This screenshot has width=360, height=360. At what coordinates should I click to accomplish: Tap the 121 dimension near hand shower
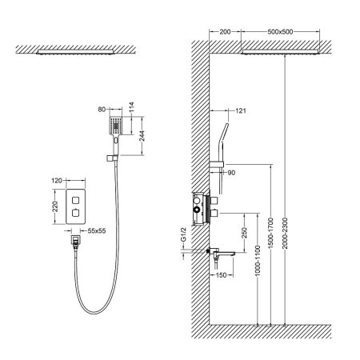(239, 111)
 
